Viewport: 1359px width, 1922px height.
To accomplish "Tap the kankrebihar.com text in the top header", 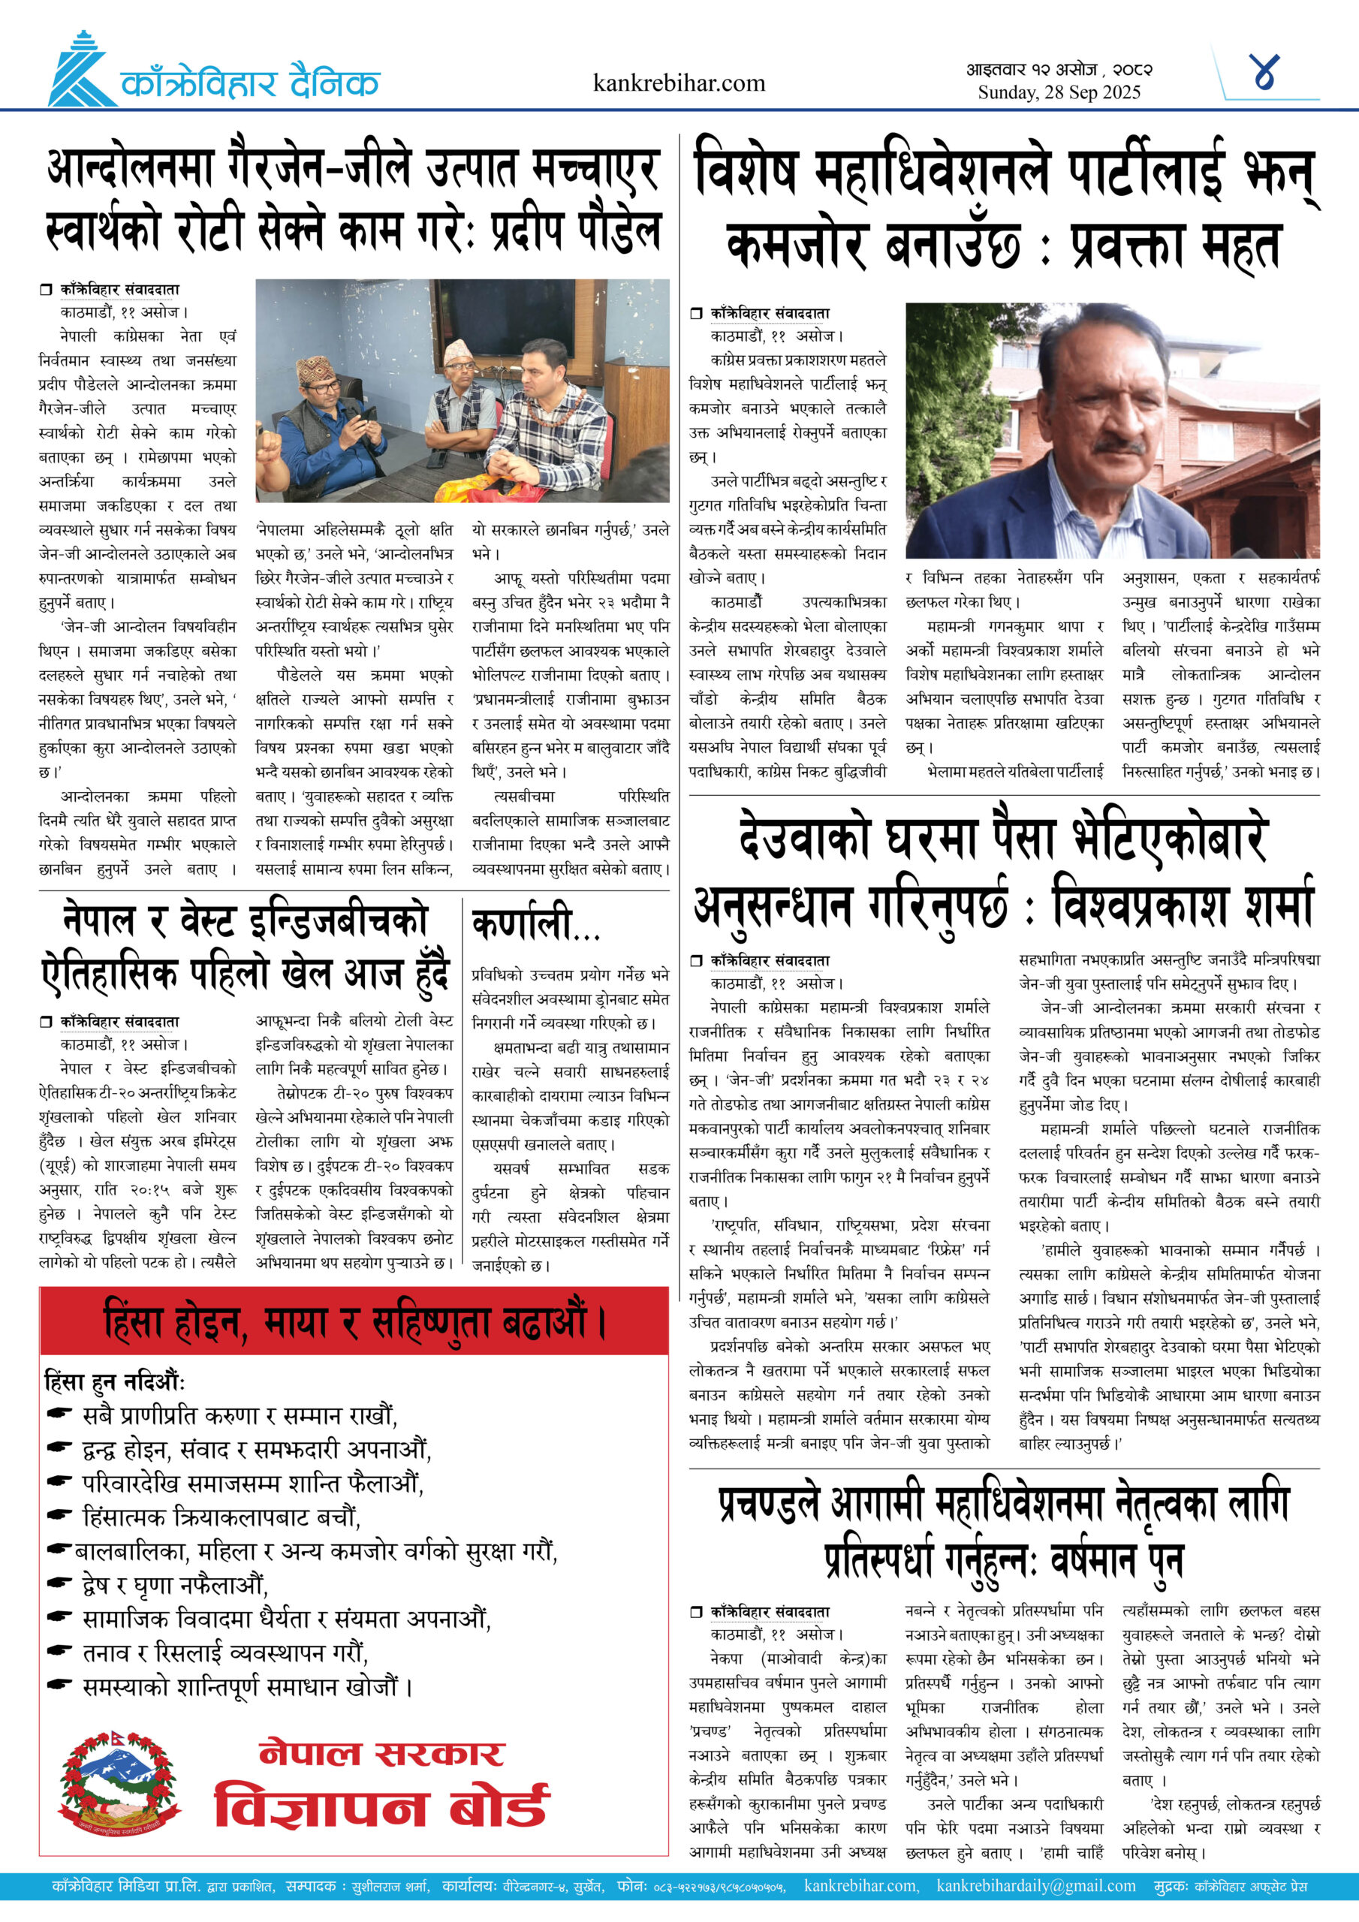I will point(678,83).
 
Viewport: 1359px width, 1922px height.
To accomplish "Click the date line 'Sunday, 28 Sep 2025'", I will point(1059,92).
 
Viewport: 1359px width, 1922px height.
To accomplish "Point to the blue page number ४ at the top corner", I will point(1264,73).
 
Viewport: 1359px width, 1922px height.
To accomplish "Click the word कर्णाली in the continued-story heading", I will point(523,924).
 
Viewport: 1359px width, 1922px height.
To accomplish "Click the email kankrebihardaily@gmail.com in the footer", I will point(1036,1886).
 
